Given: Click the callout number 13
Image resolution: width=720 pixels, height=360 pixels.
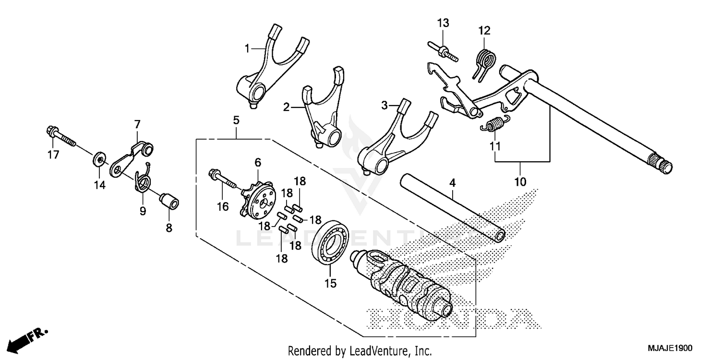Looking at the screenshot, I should point(443,23).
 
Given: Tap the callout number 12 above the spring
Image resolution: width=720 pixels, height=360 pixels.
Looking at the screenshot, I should point(484,31).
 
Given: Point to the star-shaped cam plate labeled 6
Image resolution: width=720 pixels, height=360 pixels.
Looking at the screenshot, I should point(259,198).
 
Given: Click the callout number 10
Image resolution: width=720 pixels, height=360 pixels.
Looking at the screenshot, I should point(520,182).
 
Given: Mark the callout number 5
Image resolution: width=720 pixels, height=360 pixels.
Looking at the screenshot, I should point(236,120).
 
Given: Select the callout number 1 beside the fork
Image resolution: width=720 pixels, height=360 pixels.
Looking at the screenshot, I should point(247,48).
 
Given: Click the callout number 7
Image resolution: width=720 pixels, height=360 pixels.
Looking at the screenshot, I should point(137,124).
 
